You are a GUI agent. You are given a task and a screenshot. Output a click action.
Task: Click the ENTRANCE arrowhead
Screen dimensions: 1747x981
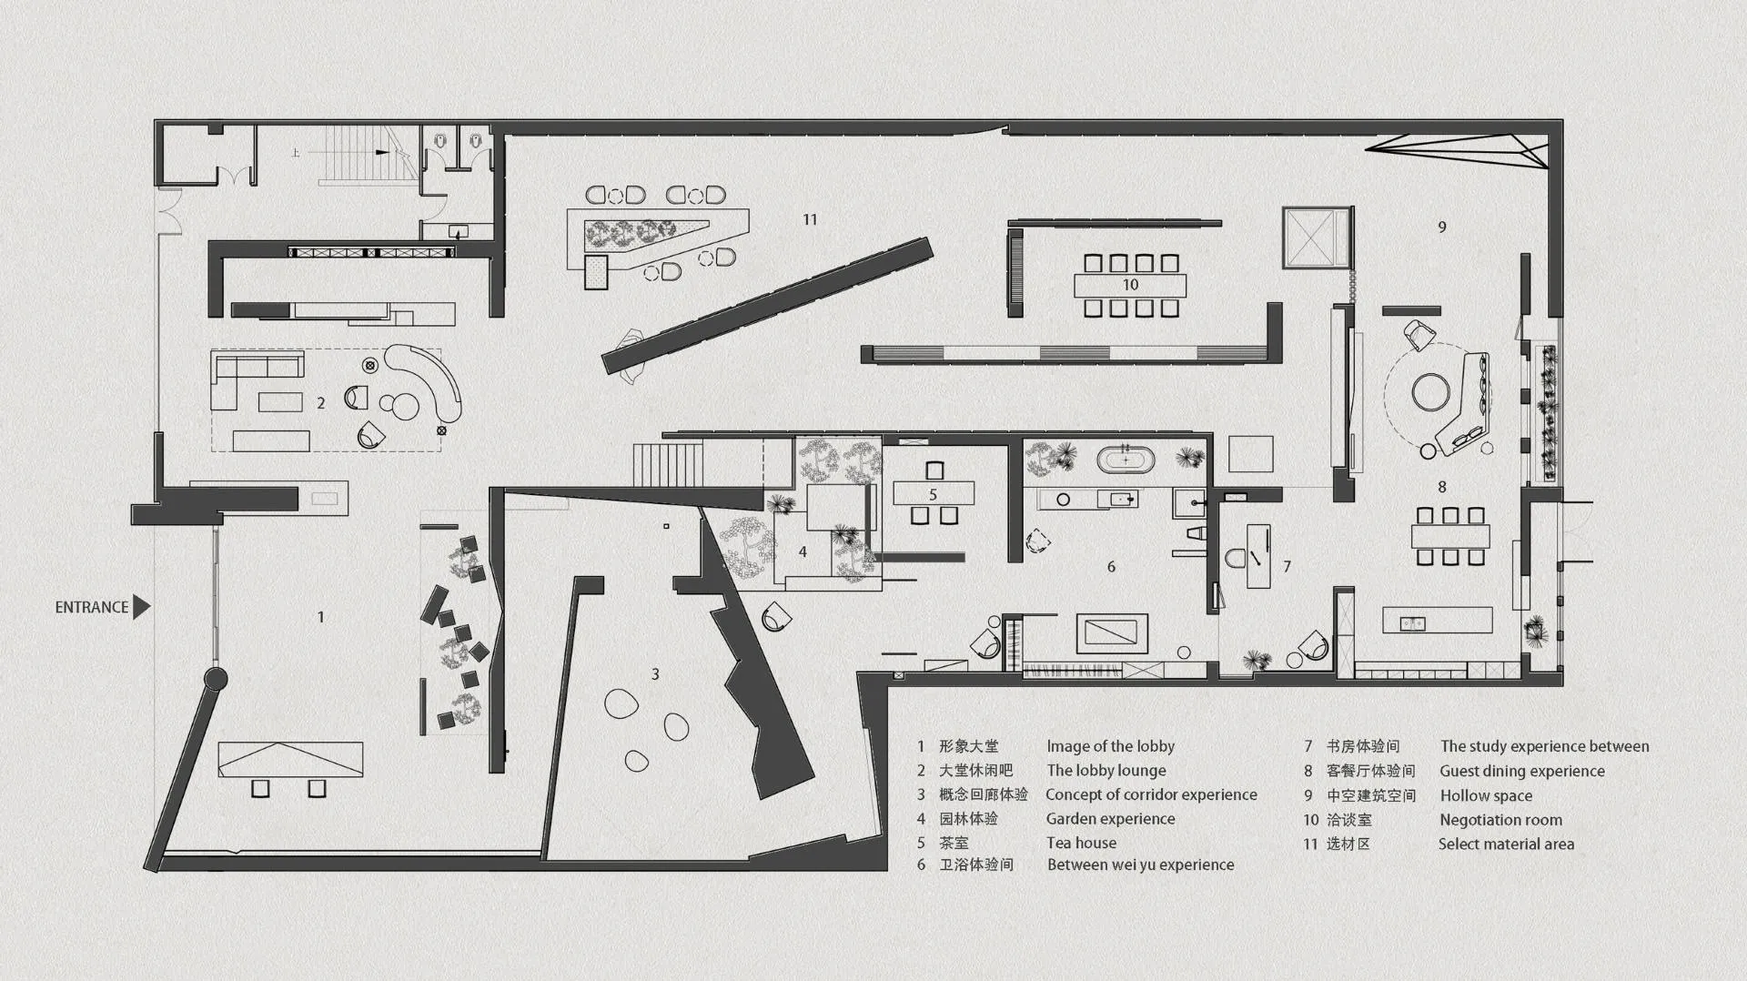point(141,607)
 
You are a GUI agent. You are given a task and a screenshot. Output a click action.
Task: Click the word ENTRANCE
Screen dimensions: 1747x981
point(92,607)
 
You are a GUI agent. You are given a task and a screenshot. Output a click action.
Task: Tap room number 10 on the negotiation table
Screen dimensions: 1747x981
point(1130,285)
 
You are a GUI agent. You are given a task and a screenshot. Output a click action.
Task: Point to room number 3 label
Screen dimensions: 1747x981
point(655,674)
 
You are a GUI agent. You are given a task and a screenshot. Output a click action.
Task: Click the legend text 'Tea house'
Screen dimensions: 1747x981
point(1081,843)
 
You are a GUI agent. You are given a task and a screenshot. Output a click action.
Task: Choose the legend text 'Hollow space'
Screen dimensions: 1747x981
point(1486,795)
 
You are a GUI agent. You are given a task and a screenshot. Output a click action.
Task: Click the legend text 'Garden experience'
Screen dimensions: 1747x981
point(1110,819)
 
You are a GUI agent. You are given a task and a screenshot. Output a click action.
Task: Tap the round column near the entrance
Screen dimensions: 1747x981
point(216,679)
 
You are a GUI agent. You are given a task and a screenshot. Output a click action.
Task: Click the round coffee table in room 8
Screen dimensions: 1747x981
point(1431,393)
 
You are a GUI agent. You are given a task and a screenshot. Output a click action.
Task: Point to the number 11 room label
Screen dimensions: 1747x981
point(810,219)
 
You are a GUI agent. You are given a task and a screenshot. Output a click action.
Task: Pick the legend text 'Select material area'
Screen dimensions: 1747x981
point(1506,844)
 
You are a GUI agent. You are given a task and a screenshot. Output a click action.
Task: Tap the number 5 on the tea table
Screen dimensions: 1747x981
point(933,495)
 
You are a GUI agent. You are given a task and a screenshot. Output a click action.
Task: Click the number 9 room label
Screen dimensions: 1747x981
point(1442,227)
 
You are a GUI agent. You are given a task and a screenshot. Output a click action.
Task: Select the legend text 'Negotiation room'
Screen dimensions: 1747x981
point(1500,820)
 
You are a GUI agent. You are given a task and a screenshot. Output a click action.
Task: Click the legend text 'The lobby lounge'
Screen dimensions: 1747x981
point(1106,771)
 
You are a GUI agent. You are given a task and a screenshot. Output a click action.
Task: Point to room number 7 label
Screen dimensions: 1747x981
point(1287,566)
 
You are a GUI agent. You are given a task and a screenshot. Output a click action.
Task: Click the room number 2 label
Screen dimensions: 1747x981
point(320,402)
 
